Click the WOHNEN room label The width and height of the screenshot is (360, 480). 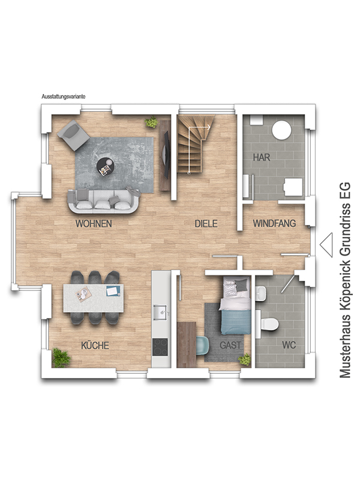point(94,224)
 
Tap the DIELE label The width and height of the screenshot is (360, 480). point(206,223)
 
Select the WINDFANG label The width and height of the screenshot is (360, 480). point(274,223)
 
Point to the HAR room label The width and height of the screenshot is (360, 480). point(262,157)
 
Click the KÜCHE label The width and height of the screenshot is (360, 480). point(95,345)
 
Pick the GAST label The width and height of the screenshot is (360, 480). point(230,346)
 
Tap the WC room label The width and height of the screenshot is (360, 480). point(289,346)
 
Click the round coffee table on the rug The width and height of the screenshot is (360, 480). point(106,167)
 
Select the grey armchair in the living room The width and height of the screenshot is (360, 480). point(73,135)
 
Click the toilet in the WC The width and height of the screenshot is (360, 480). point(268,323)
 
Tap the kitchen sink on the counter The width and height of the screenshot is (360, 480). point(160,312)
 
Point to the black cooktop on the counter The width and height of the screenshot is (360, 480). point(160,347)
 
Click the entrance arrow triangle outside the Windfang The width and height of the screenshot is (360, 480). point(326,245)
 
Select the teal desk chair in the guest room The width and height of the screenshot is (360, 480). point(202,346)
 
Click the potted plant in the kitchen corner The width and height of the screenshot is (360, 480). point(61,358)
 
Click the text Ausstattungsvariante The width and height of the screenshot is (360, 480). point(64,97)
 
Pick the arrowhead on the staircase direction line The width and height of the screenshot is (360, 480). point(209,127)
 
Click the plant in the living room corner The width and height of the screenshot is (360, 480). point(152,122)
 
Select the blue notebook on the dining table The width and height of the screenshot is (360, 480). point(113,290)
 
